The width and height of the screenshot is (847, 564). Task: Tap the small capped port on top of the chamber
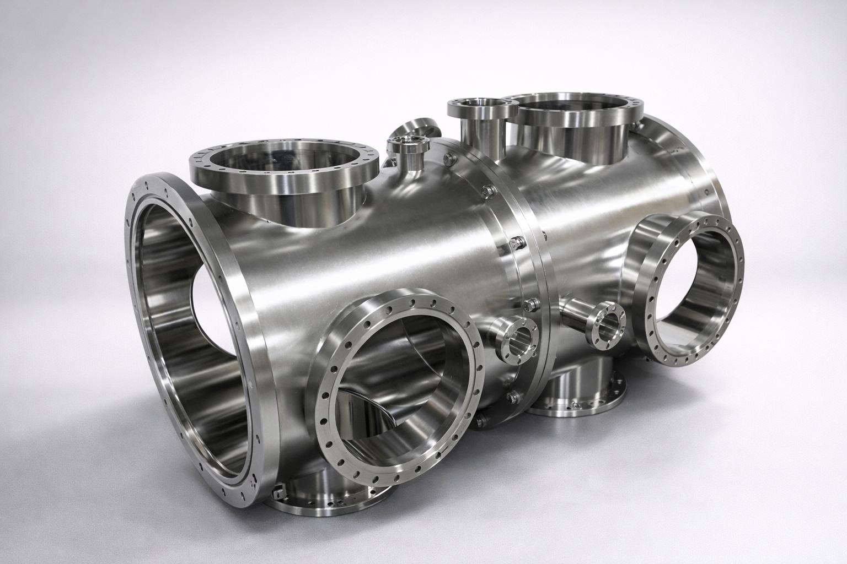click(x=408, y=145)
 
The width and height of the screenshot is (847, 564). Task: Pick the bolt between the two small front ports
click(x=530, y=303)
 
